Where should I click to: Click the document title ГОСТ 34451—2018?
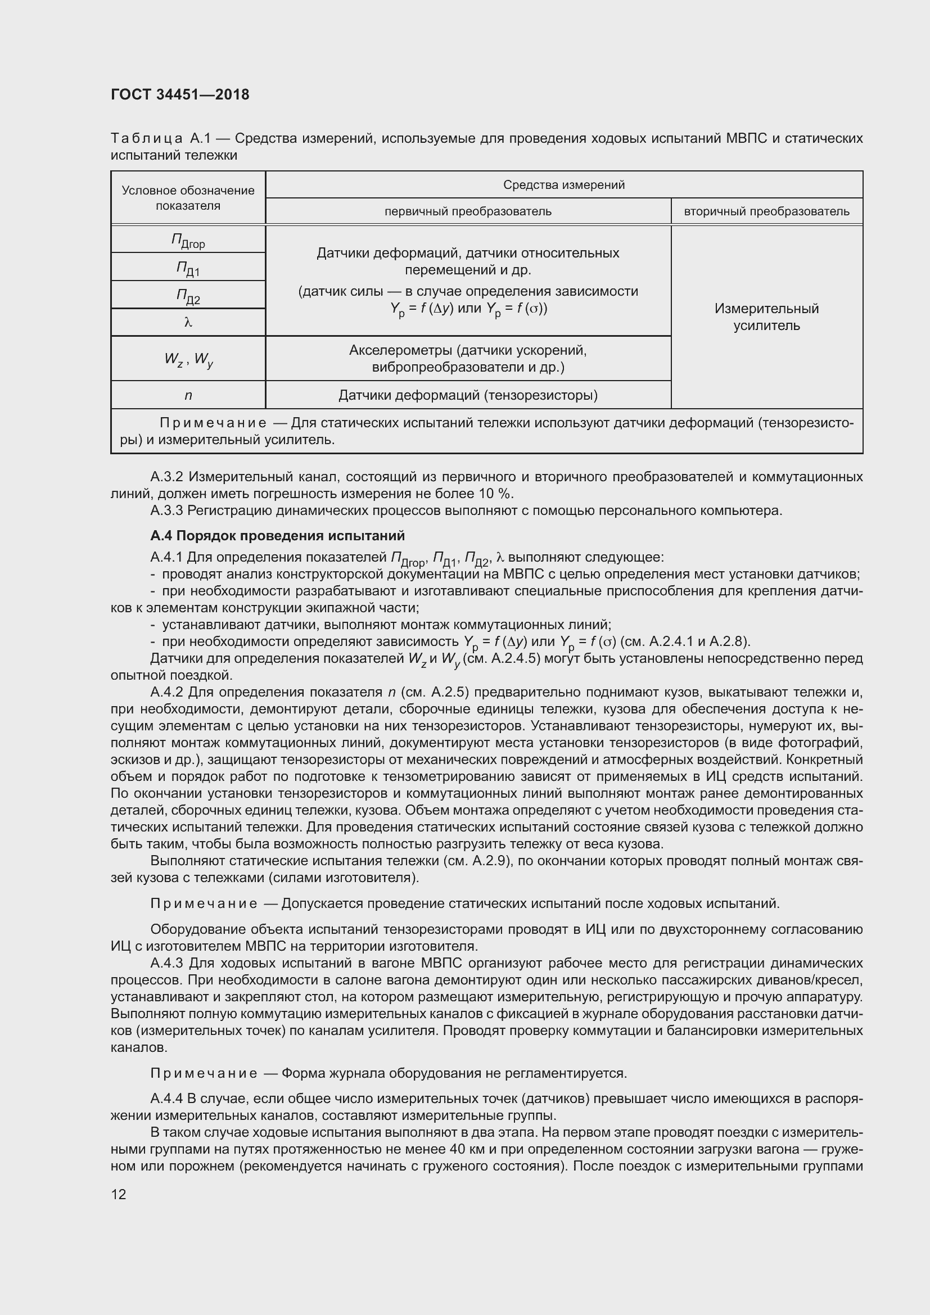point(180,94)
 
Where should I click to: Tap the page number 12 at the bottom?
point(119,1194)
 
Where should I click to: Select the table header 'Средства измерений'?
point(563,184)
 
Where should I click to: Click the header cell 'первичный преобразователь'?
point(468,211)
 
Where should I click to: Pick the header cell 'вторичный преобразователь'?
point(766,211)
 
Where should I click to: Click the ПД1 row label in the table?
point(188,268)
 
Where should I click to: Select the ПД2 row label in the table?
point(188,296)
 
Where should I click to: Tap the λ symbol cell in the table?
point(188,323)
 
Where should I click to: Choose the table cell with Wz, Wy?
point(188,359)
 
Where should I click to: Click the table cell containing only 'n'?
point(188,395)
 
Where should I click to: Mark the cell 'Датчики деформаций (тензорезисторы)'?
point(468,395)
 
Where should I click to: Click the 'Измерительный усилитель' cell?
point(766,317)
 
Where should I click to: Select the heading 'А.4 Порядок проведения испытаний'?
point(277,536)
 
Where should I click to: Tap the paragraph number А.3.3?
point(167,510)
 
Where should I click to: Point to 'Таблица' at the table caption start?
point(147,139)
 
